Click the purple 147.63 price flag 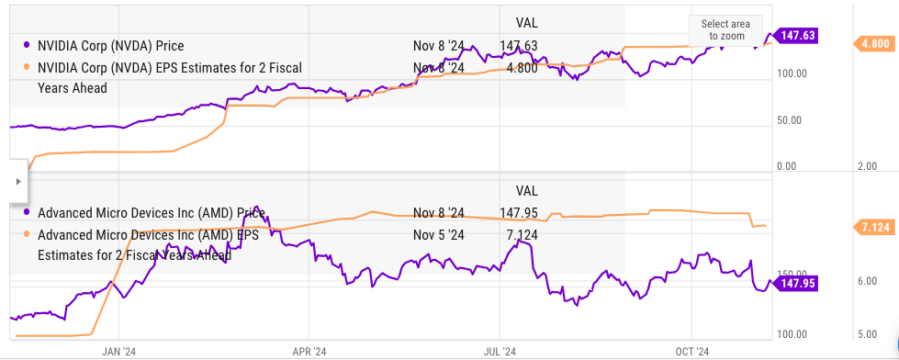tap(796, 36)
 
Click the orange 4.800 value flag tap(872, 43)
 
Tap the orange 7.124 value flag tap(872, 228)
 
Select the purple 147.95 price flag tap(796, 283)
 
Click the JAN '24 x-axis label tap(118, 350)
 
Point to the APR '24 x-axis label tap(309, 350)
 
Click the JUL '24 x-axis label tap(500, 350)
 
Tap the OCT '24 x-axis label tap(691, 350)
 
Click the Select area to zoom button tap(725, 30)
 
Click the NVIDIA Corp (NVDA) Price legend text tap(111, 45)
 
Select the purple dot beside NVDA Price tap(27, 45)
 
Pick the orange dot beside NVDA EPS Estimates tap(27, 68)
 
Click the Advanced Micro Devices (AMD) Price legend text tap(152, 213)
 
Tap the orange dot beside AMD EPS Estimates tap(27, 234)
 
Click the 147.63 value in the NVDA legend tap(518, 45)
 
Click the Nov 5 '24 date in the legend tap(439, 235)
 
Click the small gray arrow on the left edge tap(17, 182)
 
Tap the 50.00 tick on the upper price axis tap(790, 120)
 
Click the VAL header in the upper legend tap(526, 23)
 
